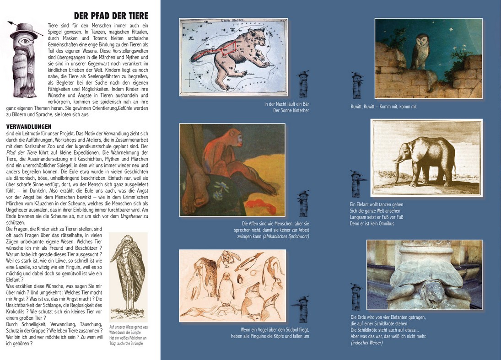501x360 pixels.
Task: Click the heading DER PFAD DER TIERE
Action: tap(111, 16)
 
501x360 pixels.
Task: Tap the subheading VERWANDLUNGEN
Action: tap(29, 126)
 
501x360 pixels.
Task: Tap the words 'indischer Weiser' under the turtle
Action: tap(367, 343)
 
